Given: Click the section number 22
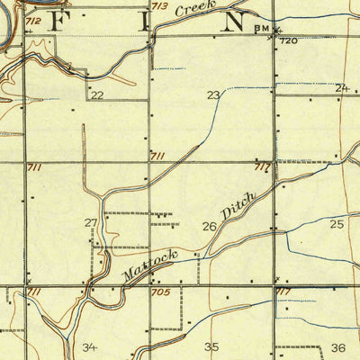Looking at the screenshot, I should (96, 94).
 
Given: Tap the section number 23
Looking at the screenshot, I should (213, 94).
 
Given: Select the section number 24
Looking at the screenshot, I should (341, 87).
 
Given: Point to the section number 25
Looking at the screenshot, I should (337, 223).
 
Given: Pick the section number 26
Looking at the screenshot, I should (209, 227).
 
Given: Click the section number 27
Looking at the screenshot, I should (91, 222).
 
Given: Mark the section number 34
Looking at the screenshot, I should (89, 346).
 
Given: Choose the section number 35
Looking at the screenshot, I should (211, 346).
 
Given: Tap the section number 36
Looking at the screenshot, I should (338, 346).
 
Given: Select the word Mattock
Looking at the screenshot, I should (144, 263).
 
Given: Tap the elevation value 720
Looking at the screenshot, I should (288, 41).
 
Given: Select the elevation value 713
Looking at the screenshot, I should (159, 7).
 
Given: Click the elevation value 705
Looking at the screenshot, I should (159, 292).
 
